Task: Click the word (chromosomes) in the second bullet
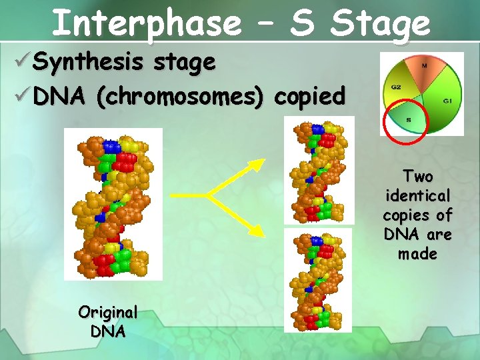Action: [x=179, y=97]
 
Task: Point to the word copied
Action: [x=309, y=97]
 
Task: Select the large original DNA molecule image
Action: [x=113, y=204]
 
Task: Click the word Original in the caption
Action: [x=108, y=312]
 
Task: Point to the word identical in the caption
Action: [x=418, y=196]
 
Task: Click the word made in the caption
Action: [x=417, y=254]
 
